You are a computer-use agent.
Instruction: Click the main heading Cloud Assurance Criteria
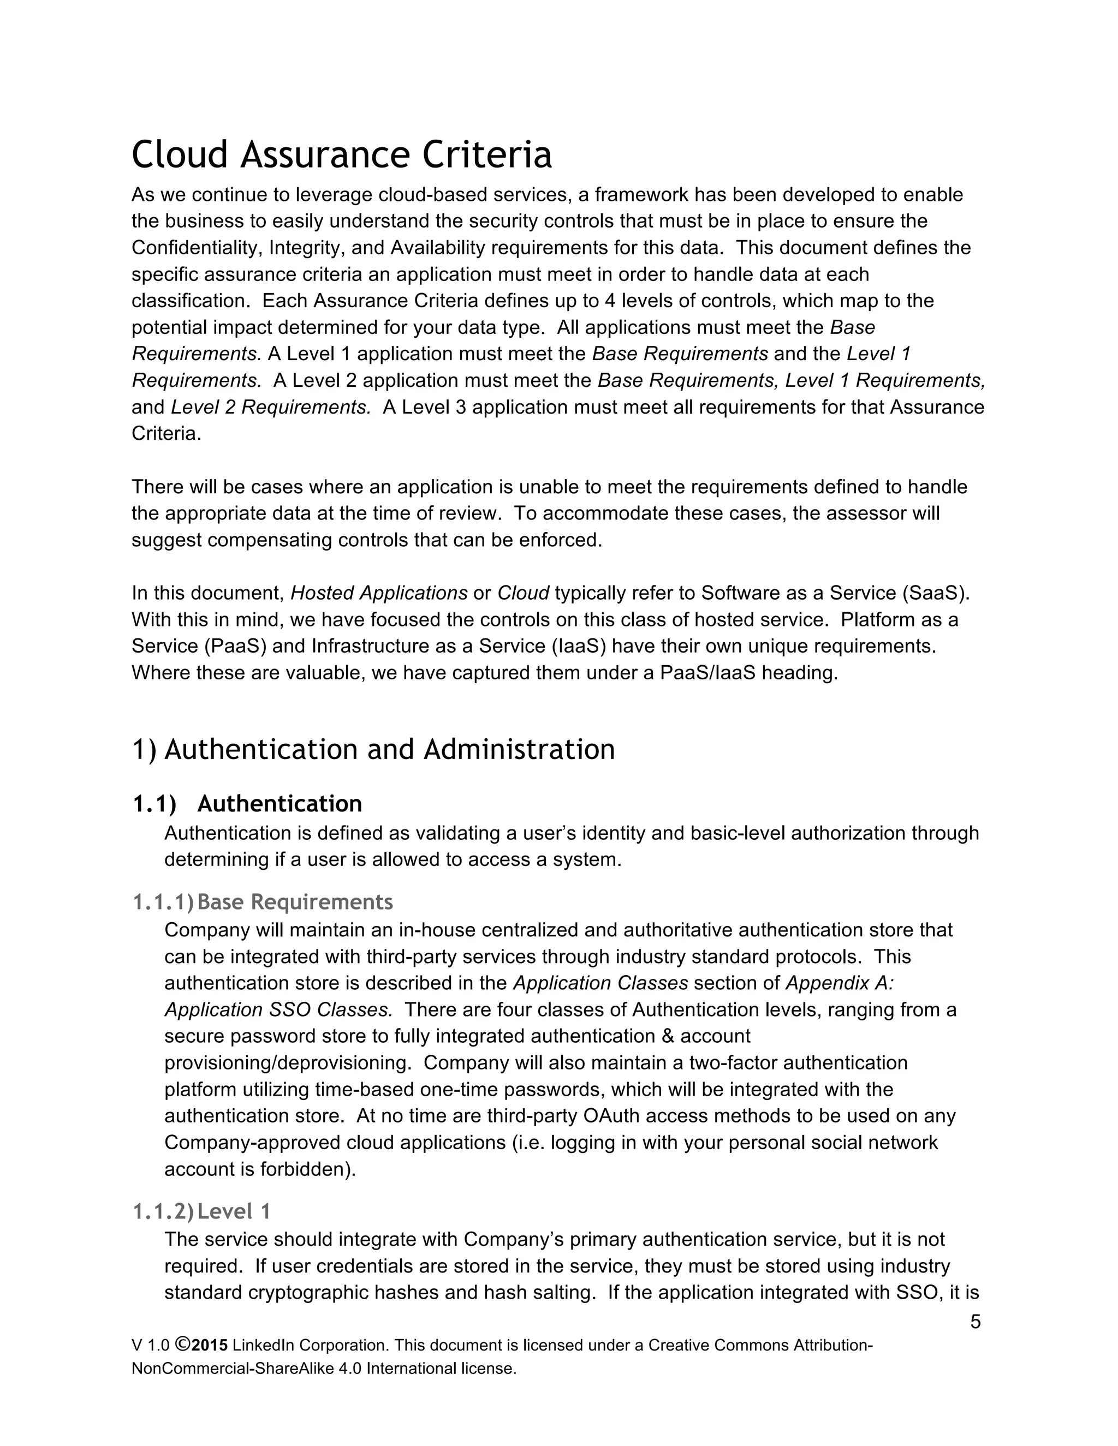coord(341,155)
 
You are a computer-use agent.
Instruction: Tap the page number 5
coord(975,1322)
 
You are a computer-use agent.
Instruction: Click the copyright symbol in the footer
coord(183,1344)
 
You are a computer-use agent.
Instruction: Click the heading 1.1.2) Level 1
coord(201,1211)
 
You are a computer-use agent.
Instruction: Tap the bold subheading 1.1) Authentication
coord(247,804)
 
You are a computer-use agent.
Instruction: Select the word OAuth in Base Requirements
coord(612,1116)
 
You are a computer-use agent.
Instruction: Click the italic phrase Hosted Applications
coord(379,593)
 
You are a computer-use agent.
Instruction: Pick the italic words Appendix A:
coord(840,983)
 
